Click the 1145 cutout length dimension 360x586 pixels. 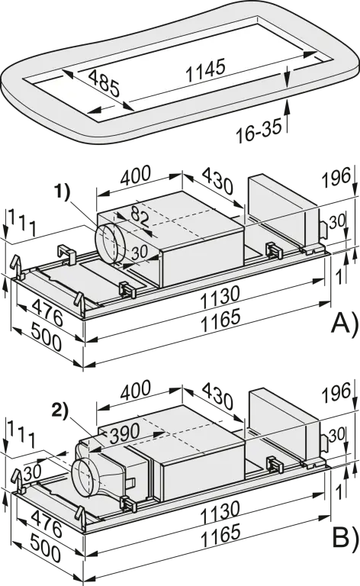pos(206,70)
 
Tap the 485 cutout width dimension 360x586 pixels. pos(104,83)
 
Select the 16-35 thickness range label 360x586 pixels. pos(259,130)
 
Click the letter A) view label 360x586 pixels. pos(346,323)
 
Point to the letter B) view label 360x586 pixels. pos(346,537)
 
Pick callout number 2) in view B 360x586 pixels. pos(60,411)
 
